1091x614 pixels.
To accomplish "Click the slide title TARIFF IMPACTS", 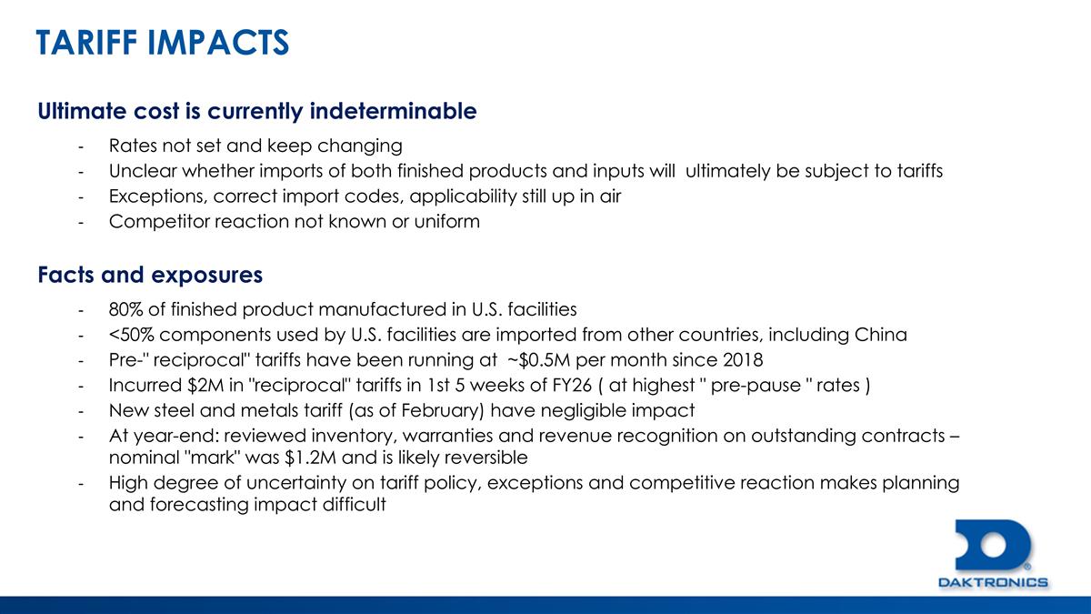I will (163, 42).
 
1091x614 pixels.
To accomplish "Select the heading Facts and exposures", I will (150, 274).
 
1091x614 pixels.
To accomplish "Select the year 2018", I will (725, 358).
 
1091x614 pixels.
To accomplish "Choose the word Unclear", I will (141, 170).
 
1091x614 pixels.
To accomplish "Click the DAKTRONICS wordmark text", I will (992, 582).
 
